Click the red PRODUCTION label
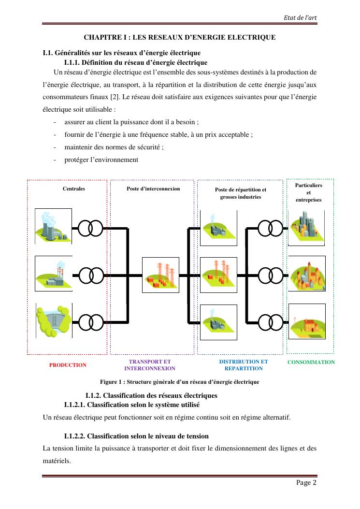click(68, 365)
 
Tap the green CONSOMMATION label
click(311, 362)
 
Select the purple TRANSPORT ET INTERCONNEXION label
click(150, 365)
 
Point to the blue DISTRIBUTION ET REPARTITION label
click(243, 365)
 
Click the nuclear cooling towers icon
click(53, 226)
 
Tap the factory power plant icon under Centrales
click(53, 274)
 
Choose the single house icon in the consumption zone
click(306, 321)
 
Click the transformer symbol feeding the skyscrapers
click(270, 227)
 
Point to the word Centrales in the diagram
click(74, 189)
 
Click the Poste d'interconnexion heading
click(153, 189)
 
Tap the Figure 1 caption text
click(179, 382)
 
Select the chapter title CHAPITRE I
click(180, 37)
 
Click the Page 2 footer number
click(307, 482)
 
